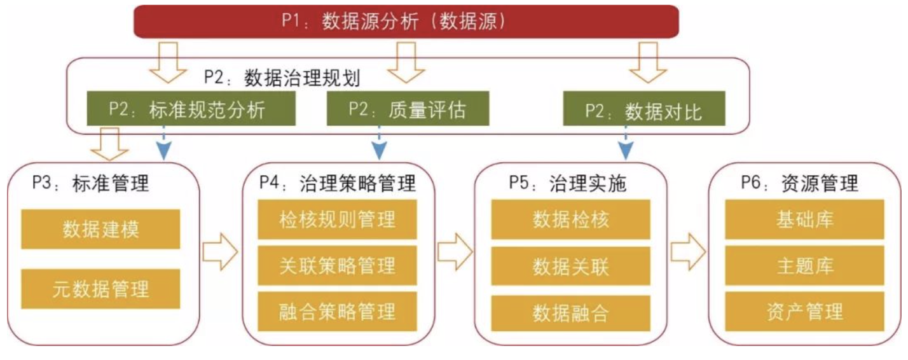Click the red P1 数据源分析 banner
tap(406, 22)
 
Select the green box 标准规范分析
tap(191, 110)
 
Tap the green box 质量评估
tap(408, 110)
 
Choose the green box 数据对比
tap(645, 111)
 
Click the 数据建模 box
tap(101, 230)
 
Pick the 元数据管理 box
tap(101, 289)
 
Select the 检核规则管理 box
tap(338, 220)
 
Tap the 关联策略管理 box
tap(338, 265)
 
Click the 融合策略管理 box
tap(338, 311)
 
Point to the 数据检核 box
tap(571, 220)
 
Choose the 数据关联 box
tap(571, 265)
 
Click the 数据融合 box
tap(571, 312)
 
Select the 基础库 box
tap(804, 220)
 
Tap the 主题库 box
tap(804, 265)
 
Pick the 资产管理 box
tap(804, 311)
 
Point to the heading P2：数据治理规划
tap(282, 78)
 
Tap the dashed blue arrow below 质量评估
tap(380, 142)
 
